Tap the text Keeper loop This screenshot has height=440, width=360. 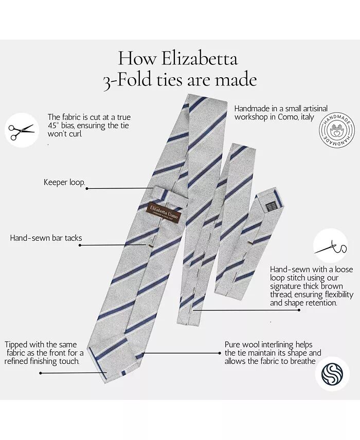click(64, 183)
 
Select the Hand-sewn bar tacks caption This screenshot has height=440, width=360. click(46, 238)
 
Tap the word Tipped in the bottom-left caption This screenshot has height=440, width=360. click(17, 344)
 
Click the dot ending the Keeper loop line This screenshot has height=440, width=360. click(86, 188)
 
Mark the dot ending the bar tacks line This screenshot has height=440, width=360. click(80, 245)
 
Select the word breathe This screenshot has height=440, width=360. click(300, 361)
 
